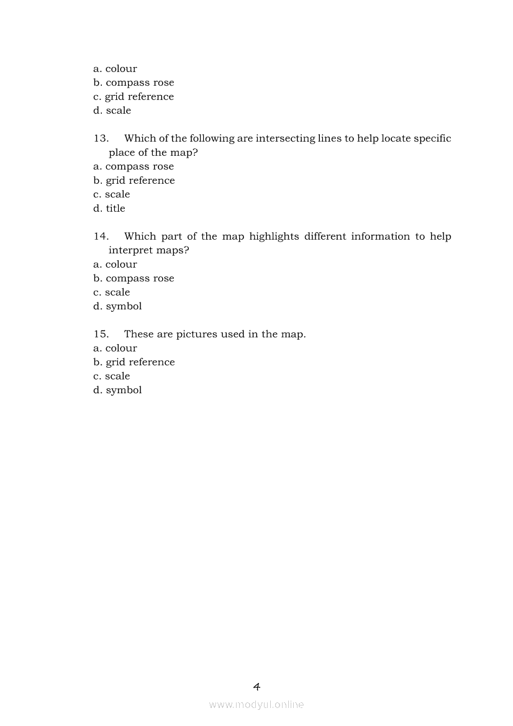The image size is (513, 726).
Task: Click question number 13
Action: tap(101, 138)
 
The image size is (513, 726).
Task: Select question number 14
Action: tap(101, 237)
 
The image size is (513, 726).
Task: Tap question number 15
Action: tap(101, 334)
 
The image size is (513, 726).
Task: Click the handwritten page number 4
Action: tap(256, 686)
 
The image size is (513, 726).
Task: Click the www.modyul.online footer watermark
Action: tap(256, 704)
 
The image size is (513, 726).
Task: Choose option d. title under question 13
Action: tap(109, 209)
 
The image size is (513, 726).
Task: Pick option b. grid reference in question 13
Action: tap(134, 181)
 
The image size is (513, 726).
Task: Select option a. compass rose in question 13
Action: tap(134, 166)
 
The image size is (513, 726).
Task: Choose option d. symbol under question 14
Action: tap(117, 306)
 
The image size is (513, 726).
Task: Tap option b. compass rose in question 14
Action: tap(134, 278)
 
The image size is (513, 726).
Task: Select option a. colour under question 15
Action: tap(115, 348)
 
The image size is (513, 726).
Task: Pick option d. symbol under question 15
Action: tap(117, 390)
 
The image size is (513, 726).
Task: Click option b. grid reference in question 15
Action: tap(134, 362)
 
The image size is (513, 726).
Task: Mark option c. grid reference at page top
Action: tap(134, 97)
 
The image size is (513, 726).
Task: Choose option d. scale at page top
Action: tap(112, 111)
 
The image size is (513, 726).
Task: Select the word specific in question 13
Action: tap(432, 138)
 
